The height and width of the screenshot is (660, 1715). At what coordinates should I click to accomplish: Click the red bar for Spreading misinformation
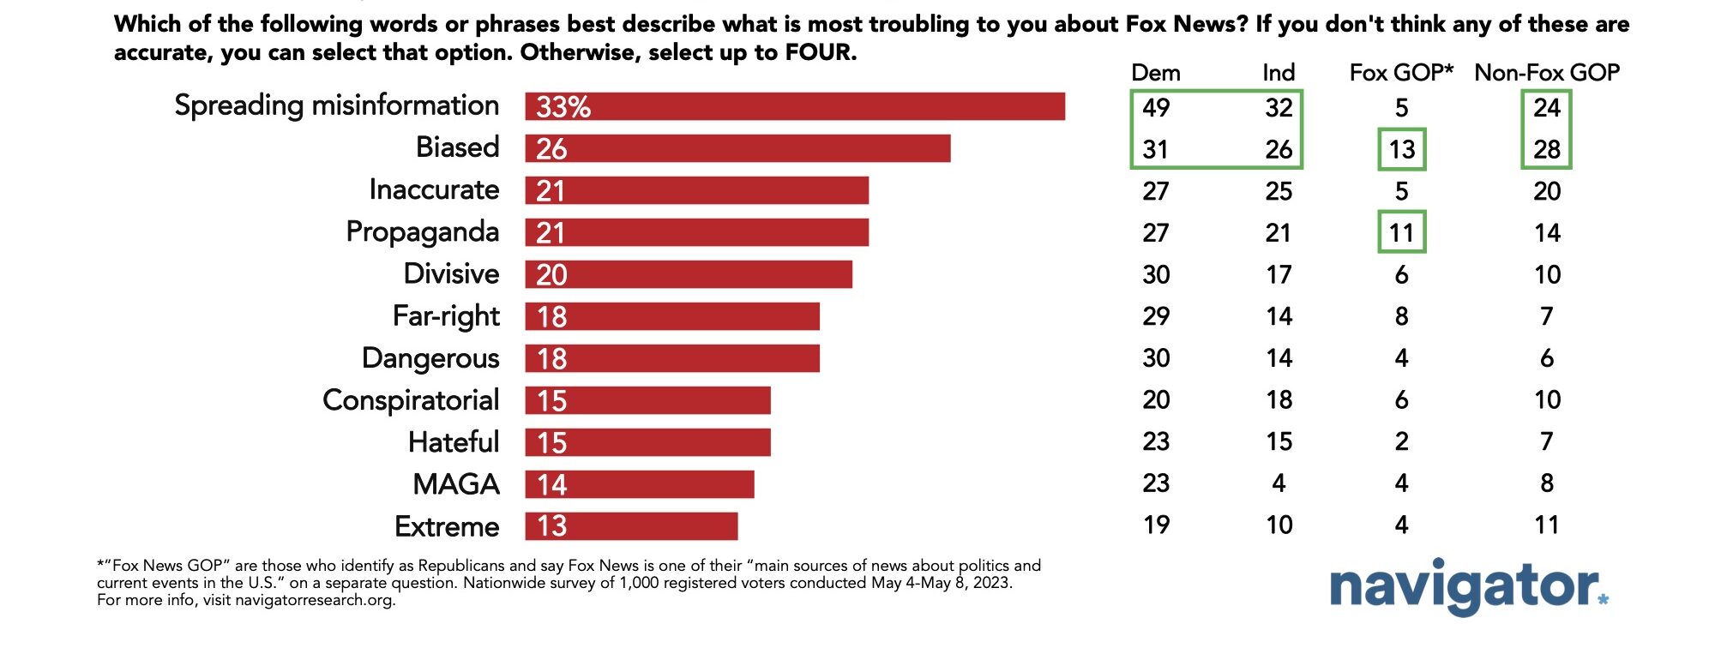[x=795, y=106]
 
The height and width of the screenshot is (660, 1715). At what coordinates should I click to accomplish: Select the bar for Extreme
[x=631, y=526]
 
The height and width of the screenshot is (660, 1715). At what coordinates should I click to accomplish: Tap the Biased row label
[x=457, y=147]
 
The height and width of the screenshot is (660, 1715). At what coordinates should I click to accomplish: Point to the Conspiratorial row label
[x=411, y=400]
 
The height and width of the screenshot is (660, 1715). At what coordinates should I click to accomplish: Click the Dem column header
[x=1155, y=73]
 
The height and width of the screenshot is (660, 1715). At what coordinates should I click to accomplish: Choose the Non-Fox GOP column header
[x=1546, y=73]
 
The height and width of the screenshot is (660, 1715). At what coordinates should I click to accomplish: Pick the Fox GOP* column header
[x=1401, y=73]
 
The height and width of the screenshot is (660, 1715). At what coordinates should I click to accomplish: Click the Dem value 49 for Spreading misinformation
[x=1156, y=108]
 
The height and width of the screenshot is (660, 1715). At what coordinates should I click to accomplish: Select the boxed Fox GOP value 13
[x=1401, y=150]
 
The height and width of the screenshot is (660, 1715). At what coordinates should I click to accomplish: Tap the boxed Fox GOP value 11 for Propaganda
[x=1401, y=233]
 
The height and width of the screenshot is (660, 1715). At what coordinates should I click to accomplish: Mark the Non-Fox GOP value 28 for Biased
[x=1547, y=150]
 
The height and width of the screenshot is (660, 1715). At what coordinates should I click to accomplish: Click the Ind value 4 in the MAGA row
[x=1279, y=483]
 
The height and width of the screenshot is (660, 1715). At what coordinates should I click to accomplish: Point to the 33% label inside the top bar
[x=563, y=107]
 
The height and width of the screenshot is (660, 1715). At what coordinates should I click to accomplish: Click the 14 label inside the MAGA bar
[x=551, y=485]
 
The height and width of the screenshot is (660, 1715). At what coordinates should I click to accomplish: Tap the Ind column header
[x=1279, y=73]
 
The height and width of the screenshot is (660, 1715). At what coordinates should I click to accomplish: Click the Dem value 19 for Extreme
[x=1156, y=525]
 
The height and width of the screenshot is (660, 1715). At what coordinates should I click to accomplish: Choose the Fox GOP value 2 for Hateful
[x=1401, y=442]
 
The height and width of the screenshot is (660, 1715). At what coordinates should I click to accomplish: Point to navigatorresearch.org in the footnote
[x=314, y=600]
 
